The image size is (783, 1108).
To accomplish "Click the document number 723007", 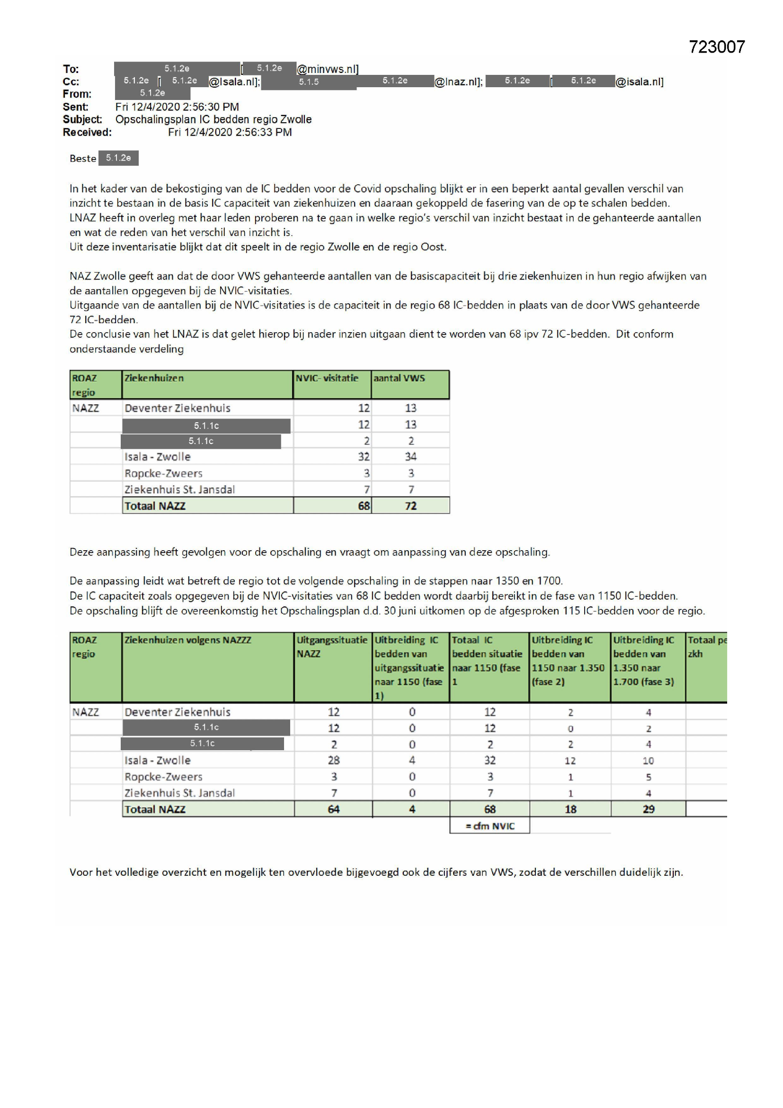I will (x=716, y=47).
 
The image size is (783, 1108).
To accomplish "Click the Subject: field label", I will (x=82, y=119).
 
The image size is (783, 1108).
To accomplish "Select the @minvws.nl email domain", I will (x=328, y=69).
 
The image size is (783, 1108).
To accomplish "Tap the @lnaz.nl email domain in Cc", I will (x=458, y=82).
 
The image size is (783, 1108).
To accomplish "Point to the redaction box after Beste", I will (x=118, y=158).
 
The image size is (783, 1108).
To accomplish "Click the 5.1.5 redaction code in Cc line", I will (x=309, y=82).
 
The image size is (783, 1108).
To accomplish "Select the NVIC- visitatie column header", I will (x=327, y=378).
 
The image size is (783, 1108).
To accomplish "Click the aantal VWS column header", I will (x=399, y=378).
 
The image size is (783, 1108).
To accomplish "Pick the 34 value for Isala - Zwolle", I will (x=410, y=456).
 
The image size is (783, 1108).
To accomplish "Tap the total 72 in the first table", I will (x=410, y=506).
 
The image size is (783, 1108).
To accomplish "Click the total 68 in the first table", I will (x=364, y=506).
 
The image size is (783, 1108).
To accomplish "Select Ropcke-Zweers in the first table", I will (x=163, y=473).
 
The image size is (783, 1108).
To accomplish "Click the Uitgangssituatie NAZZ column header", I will (x=332, y=647).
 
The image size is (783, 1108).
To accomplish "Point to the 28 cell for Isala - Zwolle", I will (x=334, y=761).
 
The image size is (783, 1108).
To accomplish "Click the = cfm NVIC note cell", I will (x=490, y=826).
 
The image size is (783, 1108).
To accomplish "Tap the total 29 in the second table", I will (x=649, y=809).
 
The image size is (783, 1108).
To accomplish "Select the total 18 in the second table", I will (x=570, y=809).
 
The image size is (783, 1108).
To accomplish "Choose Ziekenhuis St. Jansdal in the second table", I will (x=179, y=793).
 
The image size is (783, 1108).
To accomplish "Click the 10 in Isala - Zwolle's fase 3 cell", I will (x=649, y=761).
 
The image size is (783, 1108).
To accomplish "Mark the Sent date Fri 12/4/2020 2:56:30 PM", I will (x=177, y=107).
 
